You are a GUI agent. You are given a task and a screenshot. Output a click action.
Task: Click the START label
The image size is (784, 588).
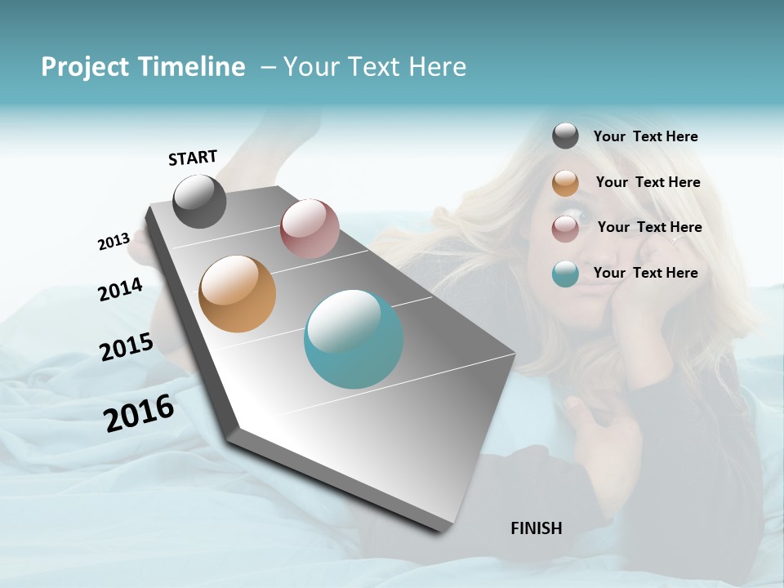[193, 158]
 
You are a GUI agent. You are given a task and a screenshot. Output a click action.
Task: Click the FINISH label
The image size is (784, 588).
[536, 528]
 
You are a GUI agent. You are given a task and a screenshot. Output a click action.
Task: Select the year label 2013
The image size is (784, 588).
[114, 242]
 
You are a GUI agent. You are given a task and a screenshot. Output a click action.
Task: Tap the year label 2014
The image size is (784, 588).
[120, 289]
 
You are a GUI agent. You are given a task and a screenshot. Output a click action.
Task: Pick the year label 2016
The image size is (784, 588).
[139, 413]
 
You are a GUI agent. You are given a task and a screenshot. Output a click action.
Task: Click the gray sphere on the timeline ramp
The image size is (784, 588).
[199, 201]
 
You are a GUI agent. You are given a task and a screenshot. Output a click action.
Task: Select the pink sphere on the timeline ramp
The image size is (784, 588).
[310, 228]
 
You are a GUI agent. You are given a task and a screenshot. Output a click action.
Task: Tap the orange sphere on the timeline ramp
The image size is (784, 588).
[237, 294]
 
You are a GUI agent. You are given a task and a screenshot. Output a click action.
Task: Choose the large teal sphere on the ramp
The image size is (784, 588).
[354, 339]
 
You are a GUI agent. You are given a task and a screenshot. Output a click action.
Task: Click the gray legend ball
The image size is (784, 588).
[565, 136]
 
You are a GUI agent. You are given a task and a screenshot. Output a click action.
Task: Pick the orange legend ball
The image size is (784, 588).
[565, 183]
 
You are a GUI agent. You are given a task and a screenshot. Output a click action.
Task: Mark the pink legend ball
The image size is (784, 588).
[565, 229]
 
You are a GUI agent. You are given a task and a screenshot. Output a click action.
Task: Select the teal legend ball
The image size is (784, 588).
[565, 274]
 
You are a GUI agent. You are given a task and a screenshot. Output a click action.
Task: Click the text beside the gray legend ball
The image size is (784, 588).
[645, 137]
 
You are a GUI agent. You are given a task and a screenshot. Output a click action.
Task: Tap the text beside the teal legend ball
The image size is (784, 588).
[645, 273]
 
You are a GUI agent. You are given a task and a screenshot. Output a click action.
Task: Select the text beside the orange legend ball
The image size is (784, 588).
[648, 182]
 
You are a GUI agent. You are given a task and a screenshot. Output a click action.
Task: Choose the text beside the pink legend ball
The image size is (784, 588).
[649, 227]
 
